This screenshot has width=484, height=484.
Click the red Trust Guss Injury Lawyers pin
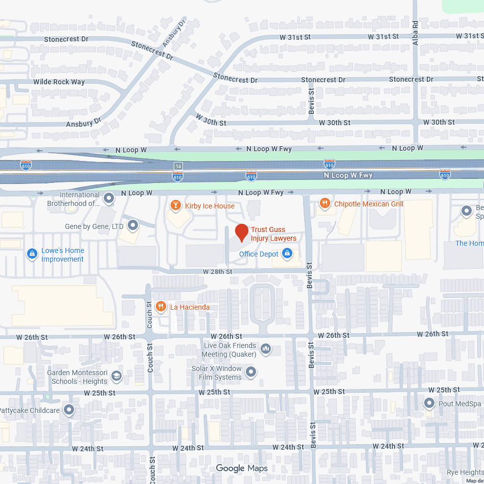coord(241,233)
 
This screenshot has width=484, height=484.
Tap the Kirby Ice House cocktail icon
coord(175,206)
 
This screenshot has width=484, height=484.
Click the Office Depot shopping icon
coord(287,253)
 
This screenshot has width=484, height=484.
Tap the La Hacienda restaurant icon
coord(160,307)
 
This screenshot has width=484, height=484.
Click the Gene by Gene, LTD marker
coord(133,225)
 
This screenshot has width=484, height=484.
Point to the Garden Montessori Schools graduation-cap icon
coord(116,377)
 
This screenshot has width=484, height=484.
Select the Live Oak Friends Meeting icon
coord(265,350)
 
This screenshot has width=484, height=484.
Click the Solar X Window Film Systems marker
coord(251,372)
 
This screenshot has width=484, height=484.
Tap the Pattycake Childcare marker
coord(68,410)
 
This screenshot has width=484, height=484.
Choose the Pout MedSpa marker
coord(430,403)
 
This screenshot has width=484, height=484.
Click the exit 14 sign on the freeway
coord(177,166)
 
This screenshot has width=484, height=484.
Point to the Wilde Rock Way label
coord(59,82)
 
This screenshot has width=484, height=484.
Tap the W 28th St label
coord(217,271)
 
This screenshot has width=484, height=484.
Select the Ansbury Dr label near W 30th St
coord(84,123)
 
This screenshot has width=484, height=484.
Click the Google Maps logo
coord(242,468)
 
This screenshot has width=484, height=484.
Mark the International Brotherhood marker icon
coord(108,197)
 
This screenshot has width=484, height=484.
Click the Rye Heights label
coord(465,472)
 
